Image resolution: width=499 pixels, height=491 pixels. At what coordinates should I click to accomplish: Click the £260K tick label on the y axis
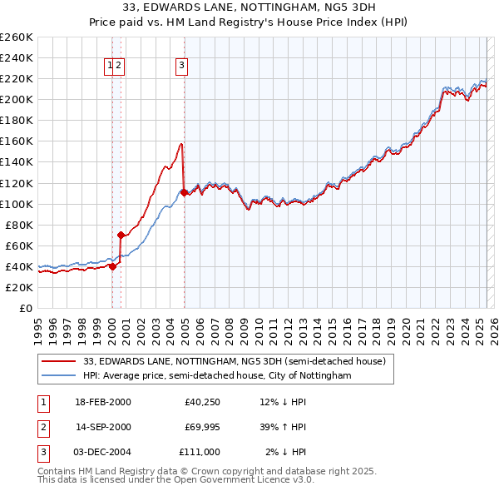coord(17,37)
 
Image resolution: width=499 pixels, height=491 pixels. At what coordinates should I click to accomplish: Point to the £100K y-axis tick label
coord(17,204)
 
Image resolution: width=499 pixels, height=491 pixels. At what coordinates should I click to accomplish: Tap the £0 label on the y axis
coord(25,308)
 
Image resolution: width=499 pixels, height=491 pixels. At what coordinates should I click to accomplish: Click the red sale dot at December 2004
coord(183,192)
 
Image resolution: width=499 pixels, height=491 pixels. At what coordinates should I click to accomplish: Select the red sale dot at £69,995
coord(121,235)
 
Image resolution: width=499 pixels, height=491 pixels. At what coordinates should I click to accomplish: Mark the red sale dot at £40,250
coord(112,266)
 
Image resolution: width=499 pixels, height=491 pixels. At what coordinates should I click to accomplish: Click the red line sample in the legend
coord(57,362)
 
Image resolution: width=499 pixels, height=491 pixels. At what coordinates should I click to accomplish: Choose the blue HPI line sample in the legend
coord(57,375)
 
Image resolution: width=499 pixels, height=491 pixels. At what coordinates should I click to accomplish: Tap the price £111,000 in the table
coord(200,451)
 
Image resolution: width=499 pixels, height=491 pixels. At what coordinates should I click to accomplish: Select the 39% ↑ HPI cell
coord(284,427)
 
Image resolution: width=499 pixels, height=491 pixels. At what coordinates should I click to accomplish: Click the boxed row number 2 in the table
coord(42,427)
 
